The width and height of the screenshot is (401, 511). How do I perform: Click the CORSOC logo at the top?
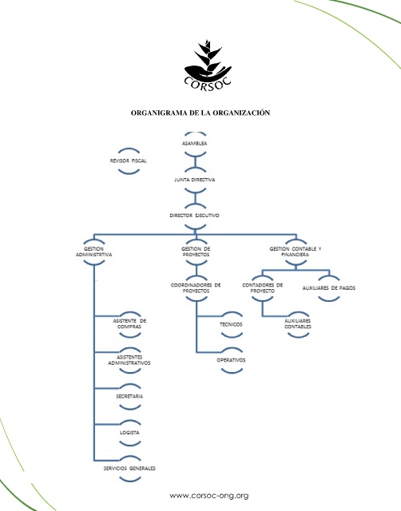208,65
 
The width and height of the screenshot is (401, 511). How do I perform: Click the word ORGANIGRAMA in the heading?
155,113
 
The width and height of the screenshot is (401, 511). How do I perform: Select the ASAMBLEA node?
195,144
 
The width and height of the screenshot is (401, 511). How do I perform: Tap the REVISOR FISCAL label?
128,160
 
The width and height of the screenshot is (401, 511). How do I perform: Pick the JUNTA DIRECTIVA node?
195,180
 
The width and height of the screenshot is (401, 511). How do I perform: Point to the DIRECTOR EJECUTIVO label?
194,216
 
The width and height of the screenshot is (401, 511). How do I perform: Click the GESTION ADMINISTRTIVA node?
94,252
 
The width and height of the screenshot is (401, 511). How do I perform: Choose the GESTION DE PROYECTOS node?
196,252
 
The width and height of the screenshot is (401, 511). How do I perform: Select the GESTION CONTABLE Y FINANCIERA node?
296,252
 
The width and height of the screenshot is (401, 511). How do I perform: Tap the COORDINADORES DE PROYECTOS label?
196,288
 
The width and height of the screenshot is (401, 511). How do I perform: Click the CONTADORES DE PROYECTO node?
263,288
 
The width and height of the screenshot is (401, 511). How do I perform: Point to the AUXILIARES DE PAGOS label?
328,288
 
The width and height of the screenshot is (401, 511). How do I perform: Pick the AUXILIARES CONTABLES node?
298,324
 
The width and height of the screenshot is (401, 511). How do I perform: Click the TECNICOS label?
231,325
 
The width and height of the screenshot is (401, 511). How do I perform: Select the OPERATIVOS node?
231,360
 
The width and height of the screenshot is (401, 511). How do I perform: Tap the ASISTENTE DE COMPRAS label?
129,324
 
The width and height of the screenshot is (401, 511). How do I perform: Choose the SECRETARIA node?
129,396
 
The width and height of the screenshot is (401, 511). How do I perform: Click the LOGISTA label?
129,433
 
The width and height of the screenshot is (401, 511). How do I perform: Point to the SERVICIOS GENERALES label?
129,469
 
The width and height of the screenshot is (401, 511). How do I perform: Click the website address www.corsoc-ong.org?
209,496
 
